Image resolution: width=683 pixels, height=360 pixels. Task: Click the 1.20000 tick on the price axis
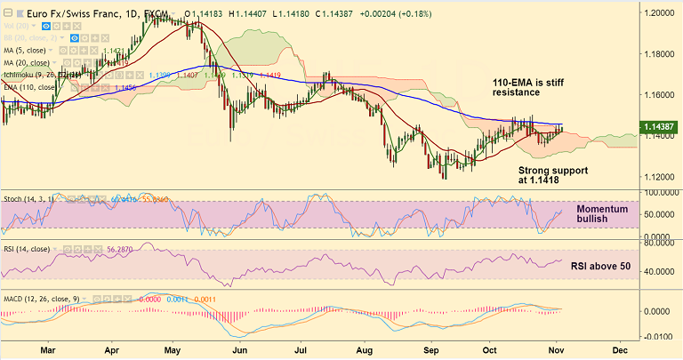[661, 14]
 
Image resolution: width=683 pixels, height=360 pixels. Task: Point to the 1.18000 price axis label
[661, 54]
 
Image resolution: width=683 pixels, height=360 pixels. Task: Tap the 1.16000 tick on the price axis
[661, 94]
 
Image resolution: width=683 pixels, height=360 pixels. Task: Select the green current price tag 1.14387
[660, 127]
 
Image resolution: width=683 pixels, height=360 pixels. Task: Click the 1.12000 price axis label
[661, 175]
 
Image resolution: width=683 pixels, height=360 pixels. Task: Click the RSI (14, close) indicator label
[36, 251]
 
